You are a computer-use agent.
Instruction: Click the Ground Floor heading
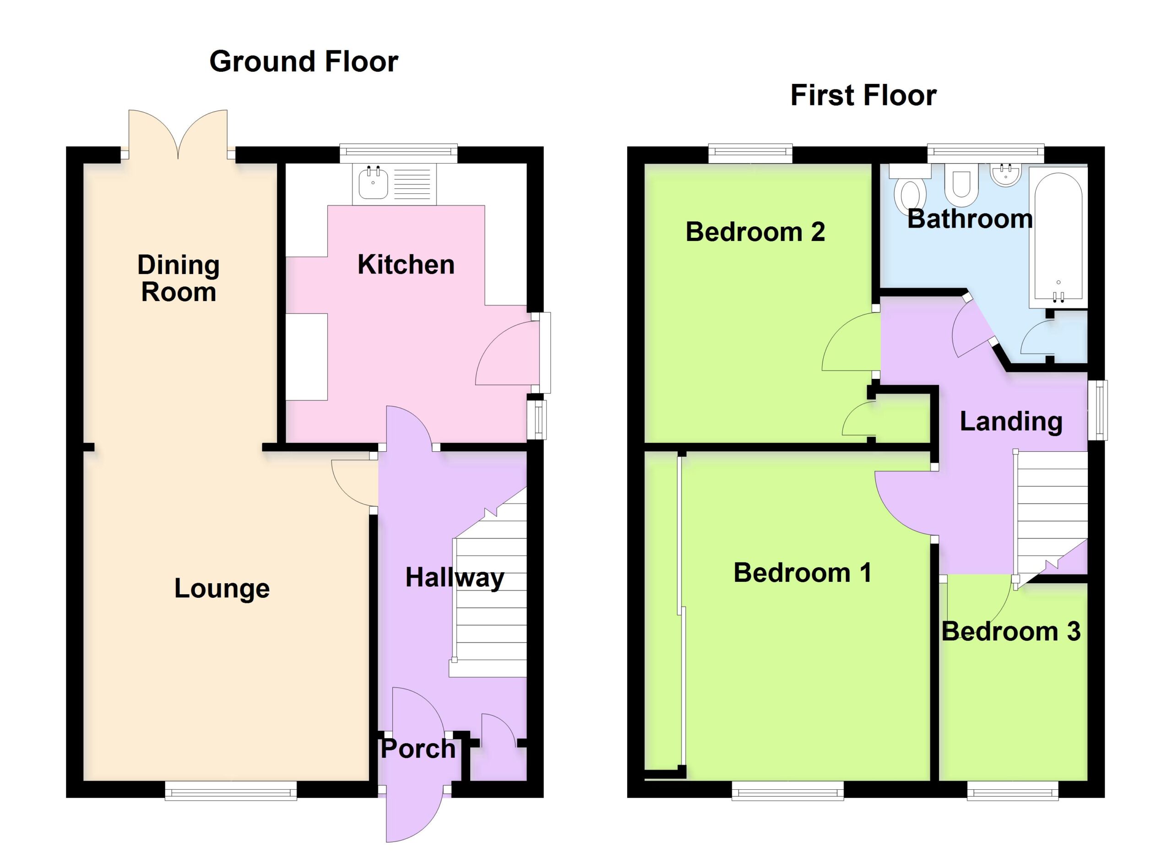[304, 61]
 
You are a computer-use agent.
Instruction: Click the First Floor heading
[863, 96]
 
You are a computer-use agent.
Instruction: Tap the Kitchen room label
[406, 265]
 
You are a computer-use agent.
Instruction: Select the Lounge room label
[222, 588]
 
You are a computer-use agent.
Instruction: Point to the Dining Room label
[178, 278]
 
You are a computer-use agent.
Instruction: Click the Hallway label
[455, 578]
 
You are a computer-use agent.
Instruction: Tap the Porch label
[418, 749]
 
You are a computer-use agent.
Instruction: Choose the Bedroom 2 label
[755, 232]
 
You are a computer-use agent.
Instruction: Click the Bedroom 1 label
[803, 573]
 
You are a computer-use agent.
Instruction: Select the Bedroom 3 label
[1011, 632]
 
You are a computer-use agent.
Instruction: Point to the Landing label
[1011, 422]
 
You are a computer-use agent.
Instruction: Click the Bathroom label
[970, 219]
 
